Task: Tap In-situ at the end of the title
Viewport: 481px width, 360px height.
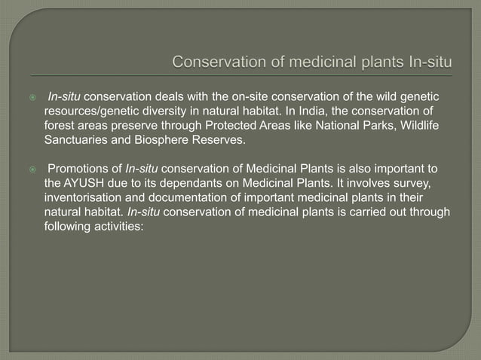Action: (427, 62)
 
